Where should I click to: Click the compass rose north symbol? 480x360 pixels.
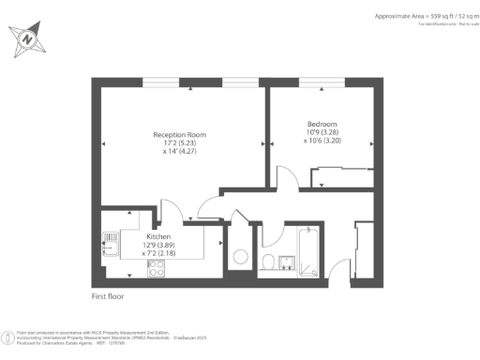pos(27,39)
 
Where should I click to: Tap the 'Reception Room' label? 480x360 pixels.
pos(179,135)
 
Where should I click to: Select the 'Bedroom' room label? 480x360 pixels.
pos(322,125)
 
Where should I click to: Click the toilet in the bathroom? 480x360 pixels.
pos(268,262)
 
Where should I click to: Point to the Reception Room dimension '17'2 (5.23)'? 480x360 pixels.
pos(179,143)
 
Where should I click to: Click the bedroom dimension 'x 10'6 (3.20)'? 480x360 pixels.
pos(322,141)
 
